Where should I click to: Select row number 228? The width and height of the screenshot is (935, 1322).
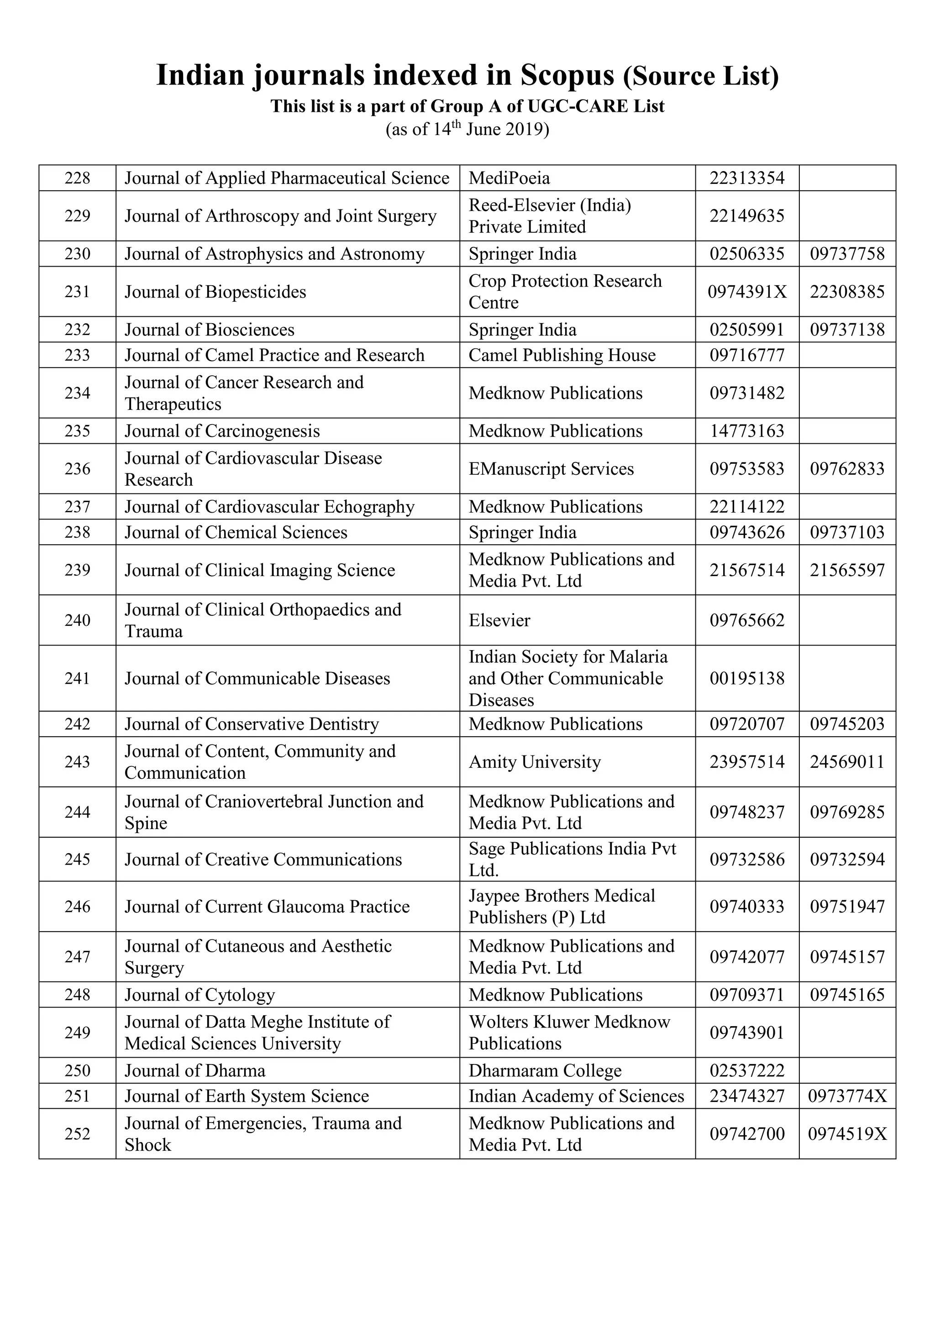pyautogui.click(x=77, y=178)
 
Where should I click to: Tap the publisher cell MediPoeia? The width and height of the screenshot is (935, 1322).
pyautogui.click(x=509, y=178)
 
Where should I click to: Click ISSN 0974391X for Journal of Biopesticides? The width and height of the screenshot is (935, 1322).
pyautogui.click(x=747, y=292)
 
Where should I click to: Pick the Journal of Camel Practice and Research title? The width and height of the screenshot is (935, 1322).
pyautogui.click(x=275, y=355)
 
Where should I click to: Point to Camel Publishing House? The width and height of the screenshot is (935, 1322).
pyautogui.click(x=562, y=355)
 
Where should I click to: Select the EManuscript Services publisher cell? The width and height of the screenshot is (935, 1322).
pyautogui.click(x=551, y=469)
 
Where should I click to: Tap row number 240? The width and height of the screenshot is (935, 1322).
pyautogui.click(x=77, y=620)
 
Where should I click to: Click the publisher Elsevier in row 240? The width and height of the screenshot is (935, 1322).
pyautogui.click(x=499, y=620)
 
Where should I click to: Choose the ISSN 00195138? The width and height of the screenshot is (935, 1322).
pyautogui.click(x=747, y=678)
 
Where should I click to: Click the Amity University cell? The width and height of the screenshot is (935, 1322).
pyautogui.click(x=534, y=762)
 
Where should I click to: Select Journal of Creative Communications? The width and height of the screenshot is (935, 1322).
pyautogui.click(x=263, y=860)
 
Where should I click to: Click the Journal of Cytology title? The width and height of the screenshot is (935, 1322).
pyautogui.click(x=200, y=995)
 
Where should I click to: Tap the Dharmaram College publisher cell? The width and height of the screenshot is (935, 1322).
pyautogui.click(x=545, y=1071)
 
